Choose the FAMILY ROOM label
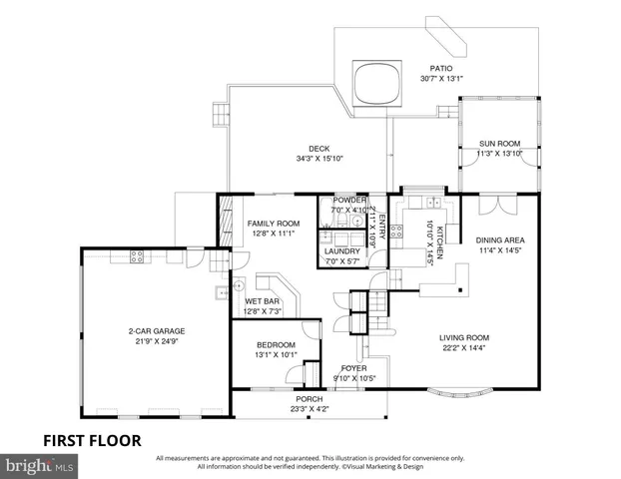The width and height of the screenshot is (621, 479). pos(274,223)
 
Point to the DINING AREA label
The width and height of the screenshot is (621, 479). pos(500,240)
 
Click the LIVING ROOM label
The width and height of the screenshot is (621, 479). pos(464,337)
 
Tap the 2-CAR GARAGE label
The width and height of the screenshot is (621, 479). pos(156,331)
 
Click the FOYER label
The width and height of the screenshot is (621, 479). pos(352,368)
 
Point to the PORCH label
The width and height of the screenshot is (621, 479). pos(309,398)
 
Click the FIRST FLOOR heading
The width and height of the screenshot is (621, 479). pos(91,439)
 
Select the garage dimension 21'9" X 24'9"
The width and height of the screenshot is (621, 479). pos(156,341)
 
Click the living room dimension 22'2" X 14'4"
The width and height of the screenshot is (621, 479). pos(464,347)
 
